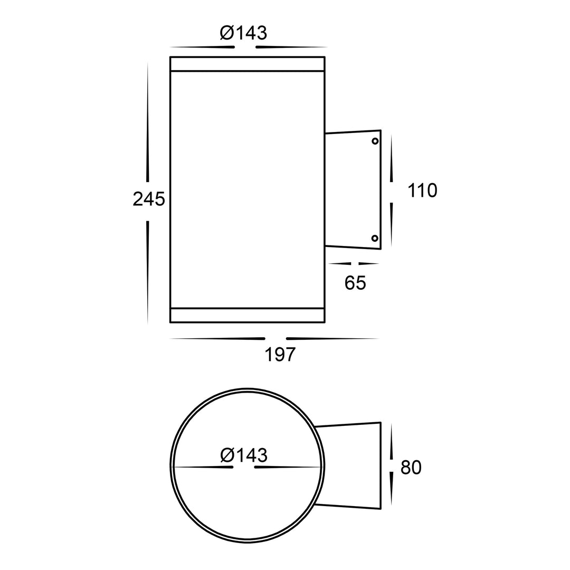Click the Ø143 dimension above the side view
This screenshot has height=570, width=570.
[243, 33]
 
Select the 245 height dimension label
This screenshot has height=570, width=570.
[149, 199]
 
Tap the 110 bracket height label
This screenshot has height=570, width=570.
[422, 191]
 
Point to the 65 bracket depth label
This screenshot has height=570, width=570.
[355, 283]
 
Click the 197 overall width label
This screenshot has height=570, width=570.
[280, 355]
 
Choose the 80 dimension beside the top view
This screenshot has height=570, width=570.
[411, 468]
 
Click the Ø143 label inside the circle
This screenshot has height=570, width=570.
[244, 455]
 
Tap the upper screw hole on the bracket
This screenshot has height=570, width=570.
[375, 141]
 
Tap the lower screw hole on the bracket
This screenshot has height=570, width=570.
[375, 239]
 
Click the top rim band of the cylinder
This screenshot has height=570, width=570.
[247, 64]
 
